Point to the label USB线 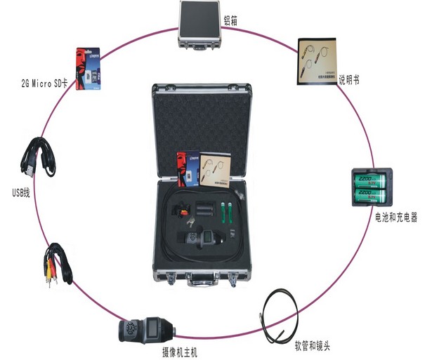click(20, 191)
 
